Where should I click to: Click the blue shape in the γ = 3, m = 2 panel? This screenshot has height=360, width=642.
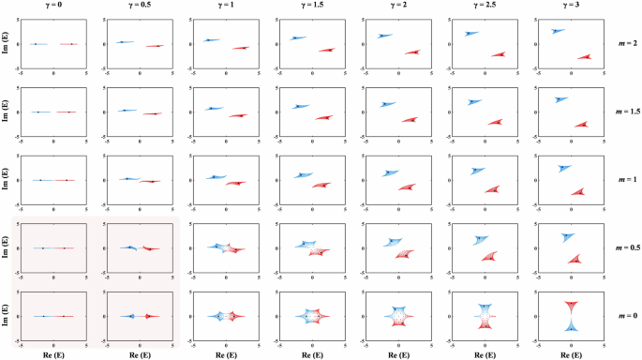pos(559,30)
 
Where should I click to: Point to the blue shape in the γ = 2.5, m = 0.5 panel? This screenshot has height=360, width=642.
pos(480,240)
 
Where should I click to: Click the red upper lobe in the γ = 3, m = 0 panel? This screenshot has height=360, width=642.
pos(571,307)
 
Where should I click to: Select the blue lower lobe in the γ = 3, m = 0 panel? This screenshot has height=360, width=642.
pos(571,326)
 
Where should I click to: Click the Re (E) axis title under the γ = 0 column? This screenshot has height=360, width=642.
pos(54,354)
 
